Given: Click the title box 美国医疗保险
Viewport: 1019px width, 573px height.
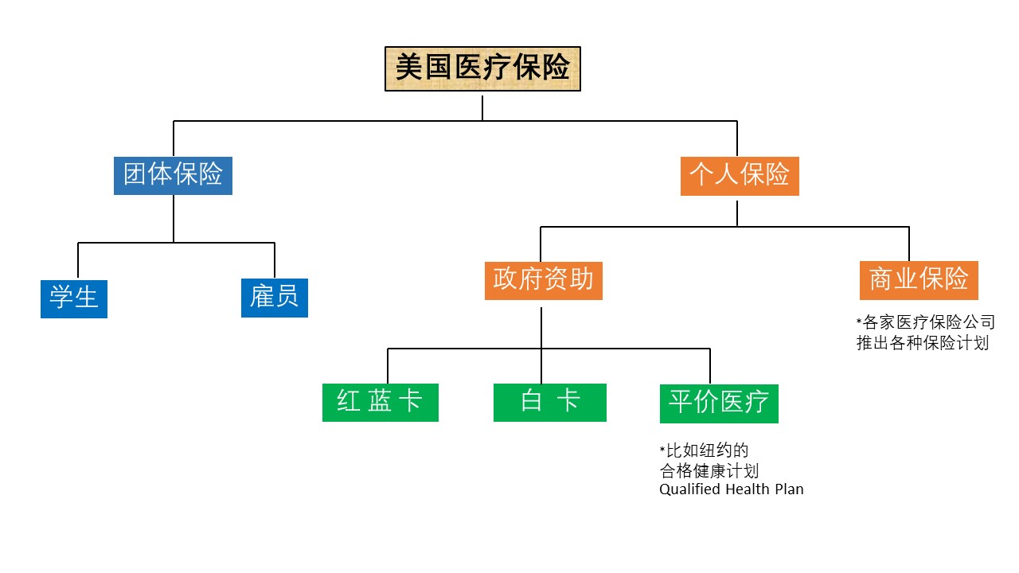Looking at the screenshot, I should pyautogui.click(x=482, y=69).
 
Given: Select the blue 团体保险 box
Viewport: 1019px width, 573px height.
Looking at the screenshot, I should pyautogui.click(x=173, y=176).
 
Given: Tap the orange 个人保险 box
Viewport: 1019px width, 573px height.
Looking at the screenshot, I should pyautogui.click(x=740, y=176).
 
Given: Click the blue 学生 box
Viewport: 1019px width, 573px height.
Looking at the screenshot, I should pyautogui.click(x=74, y=298).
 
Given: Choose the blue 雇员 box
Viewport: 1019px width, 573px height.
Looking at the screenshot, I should pyautogui.click(x=274, y=298).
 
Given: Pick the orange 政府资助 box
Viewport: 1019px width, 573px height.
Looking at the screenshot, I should pyautogui.click(x=543, y=280).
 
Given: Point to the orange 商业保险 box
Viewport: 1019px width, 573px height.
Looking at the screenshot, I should pyautogui.click(x=919, y=280).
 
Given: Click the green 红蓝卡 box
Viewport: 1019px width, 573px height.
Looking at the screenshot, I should pyautogui.click(x=380, y=403).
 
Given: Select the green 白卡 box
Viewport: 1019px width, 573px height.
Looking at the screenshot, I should pyautogui.click(x=549, y=403).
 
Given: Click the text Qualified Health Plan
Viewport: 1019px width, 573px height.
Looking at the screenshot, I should pyautogui.click(x=731, y=489).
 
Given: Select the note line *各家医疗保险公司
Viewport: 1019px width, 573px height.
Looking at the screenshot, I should pyautogui.click(x=925, y=323).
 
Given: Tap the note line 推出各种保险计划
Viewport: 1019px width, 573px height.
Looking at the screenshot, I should pyautogui.click(x=923, y=345).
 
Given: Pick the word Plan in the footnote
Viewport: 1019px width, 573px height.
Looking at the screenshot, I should pyautogui.click(x=789, y=489).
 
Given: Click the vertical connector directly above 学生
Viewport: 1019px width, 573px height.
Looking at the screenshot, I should pyautogui.click(x=78, y=260).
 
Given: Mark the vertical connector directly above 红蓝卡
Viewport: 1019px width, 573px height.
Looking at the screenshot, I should pyautogui.click(x=388, y=366).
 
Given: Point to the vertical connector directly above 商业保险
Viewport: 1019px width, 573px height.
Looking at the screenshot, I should pyautogui.click(x=909, y=244).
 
